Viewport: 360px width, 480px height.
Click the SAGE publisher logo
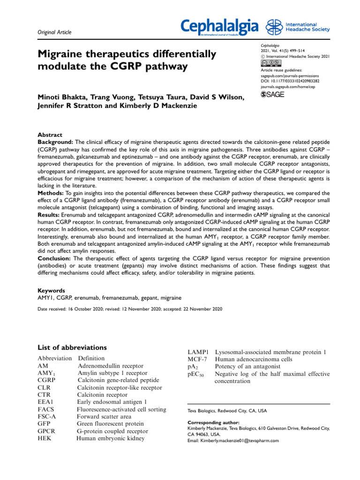pos(273,95)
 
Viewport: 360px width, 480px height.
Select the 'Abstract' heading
pos(49,135)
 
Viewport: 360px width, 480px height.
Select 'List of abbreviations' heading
pos(72,347)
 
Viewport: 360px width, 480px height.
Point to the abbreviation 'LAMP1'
pos(197,352)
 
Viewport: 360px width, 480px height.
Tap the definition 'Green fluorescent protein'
pos(110,424)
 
